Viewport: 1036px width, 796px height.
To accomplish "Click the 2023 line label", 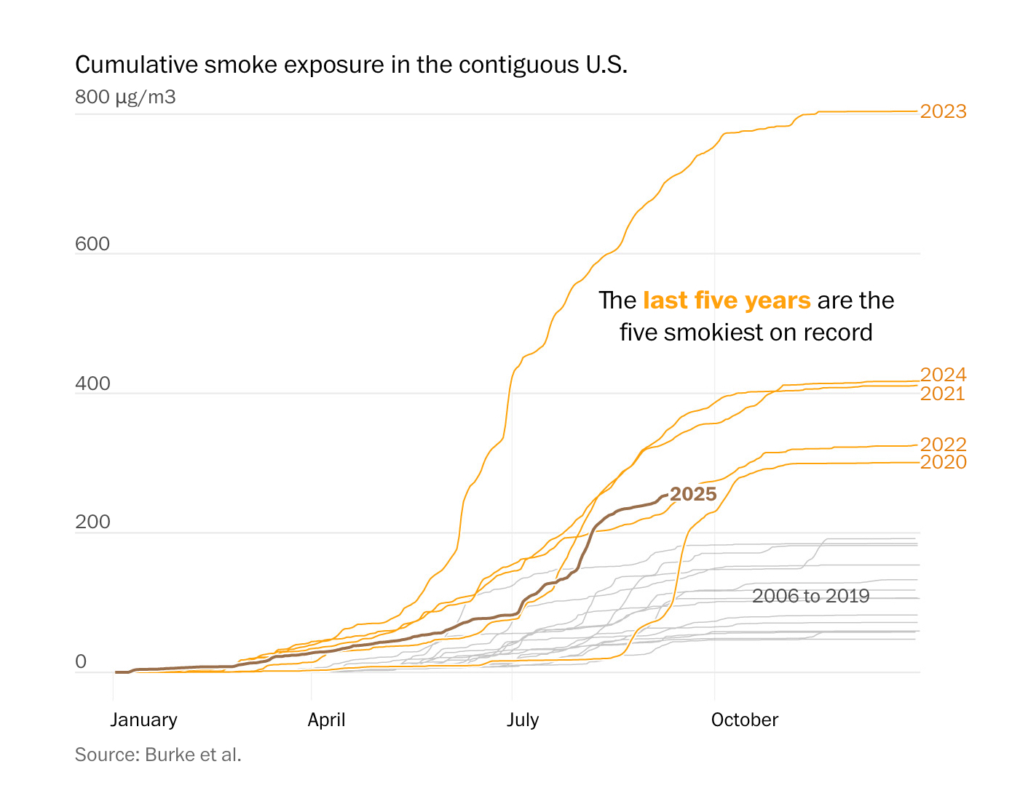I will point(943,111).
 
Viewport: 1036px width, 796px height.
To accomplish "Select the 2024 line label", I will point(943,375).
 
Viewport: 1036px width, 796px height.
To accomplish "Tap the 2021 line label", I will point(942,394).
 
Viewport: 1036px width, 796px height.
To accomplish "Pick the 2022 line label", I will point(943,445).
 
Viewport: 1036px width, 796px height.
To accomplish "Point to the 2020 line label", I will point(943,462).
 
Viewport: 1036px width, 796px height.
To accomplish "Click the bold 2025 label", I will point(693,494).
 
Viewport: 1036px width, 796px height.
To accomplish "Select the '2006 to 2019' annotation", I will point(810,596).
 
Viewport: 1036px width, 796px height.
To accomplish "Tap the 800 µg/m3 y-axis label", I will point(125,97).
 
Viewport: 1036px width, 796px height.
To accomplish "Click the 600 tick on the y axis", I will point(92,244).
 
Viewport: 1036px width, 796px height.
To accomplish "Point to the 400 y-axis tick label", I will point(92,383).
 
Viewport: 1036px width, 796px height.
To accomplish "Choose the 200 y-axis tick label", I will point(92,522).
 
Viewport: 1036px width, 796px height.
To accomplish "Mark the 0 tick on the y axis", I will point(81,661).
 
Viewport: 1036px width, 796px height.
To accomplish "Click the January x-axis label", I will point(143,720).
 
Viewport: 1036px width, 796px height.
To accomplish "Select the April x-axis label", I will point(326,720).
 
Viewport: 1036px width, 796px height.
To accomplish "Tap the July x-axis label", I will point(523,720).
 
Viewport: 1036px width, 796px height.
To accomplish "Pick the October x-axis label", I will point(744,720).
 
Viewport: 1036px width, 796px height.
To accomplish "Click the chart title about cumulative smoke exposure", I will point(351,65).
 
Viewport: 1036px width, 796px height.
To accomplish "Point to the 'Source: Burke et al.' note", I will point(158,755).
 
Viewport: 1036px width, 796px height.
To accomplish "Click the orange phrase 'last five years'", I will point(727,301).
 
